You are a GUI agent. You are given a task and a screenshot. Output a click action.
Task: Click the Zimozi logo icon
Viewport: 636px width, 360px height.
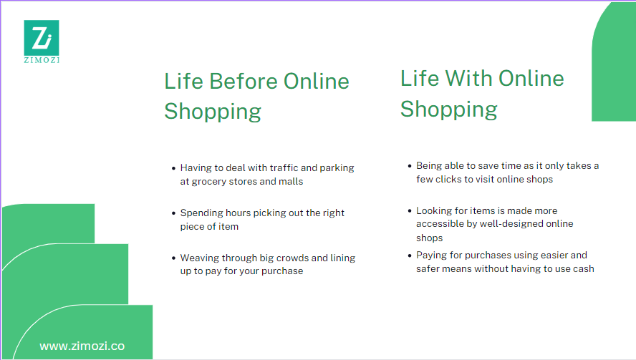[41, 36]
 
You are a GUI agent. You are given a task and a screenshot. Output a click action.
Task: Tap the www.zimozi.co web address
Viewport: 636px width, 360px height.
[82, 346]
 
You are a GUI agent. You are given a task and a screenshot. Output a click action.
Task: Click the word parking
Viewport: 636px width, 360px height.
[337, 168]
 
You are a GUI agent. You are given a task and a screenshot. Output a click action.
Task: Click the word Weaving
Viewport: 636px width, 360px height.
[200, 258]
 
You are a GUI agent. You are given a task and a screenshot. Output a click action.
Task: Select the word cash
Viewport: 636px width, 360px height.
[583, 269]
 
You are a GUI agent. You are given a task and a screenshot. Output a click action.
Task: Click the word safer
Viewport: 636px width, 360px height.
[430, 269]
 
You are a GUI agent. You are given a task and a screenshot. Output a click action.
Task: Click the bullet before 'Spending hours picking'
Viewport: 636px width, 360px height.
[173, 213]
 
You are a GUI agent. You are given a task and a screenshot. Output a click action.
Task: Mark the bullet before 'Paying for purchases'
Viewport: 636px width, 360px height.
[409, 256]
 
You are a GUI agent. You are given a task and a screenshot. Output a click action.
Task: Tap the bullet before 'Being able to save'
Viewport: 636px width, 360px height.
[409, 166]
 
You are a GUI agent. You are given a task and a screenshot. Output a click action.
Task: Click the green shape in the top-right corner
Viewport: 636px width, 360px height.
[614, 64]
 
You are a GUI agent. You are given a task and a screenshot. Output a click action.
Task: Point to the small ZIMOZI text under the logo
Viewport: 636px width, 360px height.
[41, 60]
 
